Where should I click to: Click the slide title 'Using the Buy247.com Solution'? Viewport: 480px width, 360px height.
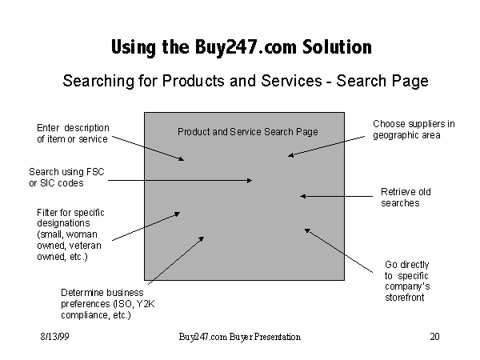click(x=241, y=47)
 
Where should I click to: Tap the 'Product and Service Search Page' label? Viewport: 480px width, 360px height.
click(x=247, y=132)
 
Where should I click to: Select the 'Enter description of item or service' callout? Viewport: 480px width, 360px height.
click(x=73, y=134)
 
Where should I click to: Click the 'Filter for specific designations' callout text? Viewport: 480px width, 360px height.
click(x=70, y=234)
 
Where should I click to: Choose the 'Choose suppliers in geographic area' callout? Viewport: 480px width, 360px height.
click(x=413, y=130)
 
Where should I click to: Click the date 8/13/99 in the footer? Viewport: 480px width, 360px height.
click(x=50, y=337)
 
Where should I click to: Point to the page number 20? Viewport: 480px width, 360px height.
click(x=434, y=337)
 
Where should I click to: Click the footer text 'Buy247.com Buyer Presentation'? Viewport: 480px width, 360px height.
click(x=240, y=337)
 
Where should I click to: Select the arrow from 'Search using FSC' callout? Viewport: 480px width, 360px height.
click(x=180, y=181)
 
